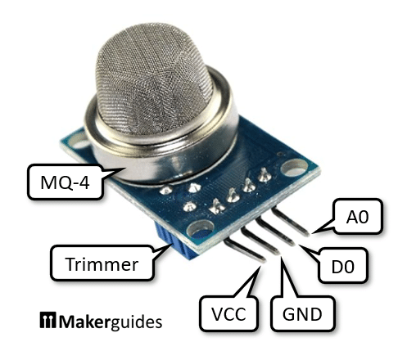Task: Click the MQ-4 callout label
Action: point(65,182)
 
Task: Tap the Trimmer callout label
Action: point(102,263)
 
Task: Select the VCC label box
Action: point(228,314)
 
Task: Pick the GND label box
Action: point(302,314)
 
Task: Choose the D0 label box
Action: point(342,266)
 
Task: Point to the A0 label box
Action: point(357,217)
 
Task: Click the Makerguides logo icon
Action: point(47,320)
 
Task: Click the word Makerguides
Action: point(111,322)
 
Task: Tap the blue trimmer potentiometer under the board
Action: point(174,241)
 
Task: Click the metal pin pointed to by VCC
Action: point(245,250)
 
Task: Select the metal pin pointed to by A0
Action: point(291,221)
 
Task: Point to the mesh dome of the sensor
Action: point(154,79)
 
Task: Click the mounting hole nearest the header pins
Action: point(201,229)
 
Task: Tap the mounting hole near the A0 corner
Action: point(294,167)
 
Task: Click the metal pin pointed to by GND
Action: point(260,241)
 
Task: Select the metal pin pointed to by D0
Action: point(276,232)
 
